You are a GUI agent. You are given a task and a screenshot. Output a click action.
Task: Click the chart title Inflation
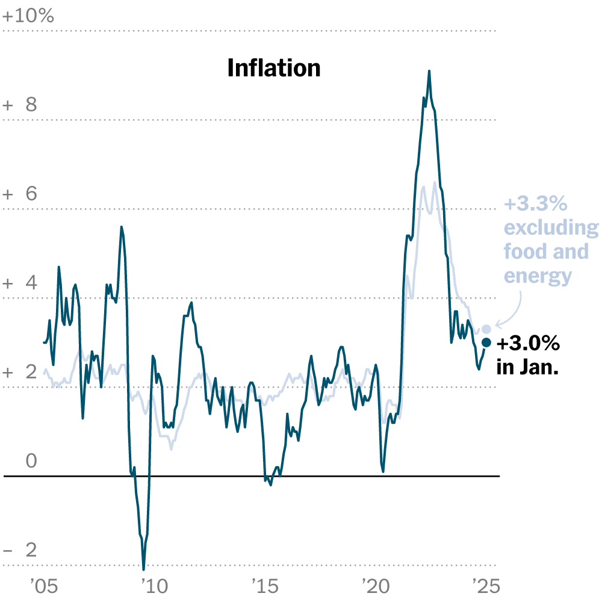click(x=274, y=68)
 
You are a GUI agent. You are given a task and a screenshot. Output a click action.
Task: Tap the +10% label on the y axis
click(x=28, y=16)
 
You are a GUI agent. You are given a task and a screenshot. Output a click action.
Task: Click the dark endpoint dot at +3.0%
click(x=486, y=343)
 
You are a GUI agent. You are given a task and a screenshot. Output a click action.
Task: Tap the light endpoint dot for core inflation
click(x=486, y=329)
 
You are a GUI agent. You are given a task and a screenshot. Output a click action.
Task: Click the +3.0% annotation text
click(x=528, y=344)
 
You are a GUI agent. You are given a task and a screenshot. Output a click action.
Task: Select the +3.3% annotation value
click(x=535, y=205)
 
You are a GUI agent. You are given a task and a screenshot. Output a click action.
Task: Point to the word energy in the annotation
click(x=538, y=276)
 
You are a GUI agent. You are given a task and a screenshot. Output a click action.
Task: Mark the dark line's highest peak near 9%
click(x=429, y=71)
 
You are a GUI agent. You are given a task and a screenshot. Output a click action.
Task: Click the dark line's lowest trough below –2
click(x=143, y=568)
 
